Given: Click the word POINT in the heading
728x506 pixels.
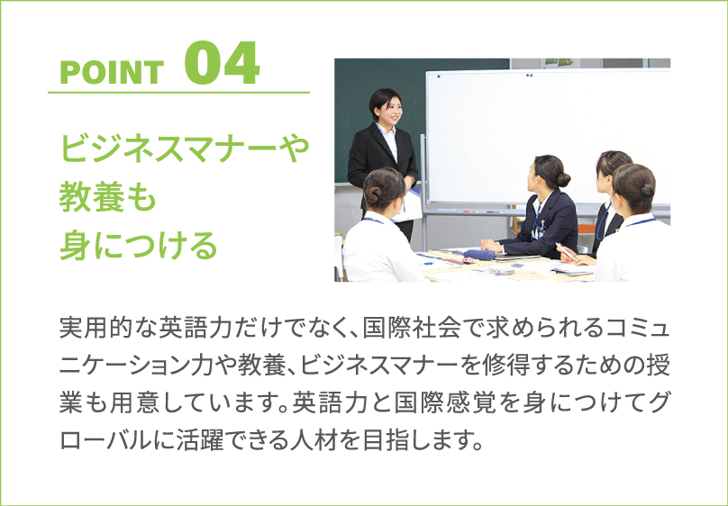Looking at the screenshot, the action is [112, 73].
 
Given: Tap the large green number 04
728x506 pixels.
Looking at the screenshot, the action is [222, 63].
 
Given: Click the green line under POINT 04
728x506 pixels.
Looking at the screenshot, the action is [178, 93].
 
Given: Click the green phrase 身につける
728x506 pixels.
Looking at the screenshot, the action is [139, 246].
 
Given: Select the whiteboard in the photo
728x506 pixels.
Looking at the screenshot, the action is [548, 137].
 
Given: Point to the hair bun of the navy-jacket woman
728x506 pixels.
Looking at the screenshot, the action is [563, 178].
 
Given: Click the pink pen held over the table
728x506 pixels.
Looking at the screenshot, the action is [566, 251].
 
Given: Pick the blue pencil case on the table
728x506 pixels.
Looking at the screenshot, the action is [479, 254].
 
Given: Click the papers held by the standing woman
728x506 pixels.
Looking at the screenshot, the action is [407, 205].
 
